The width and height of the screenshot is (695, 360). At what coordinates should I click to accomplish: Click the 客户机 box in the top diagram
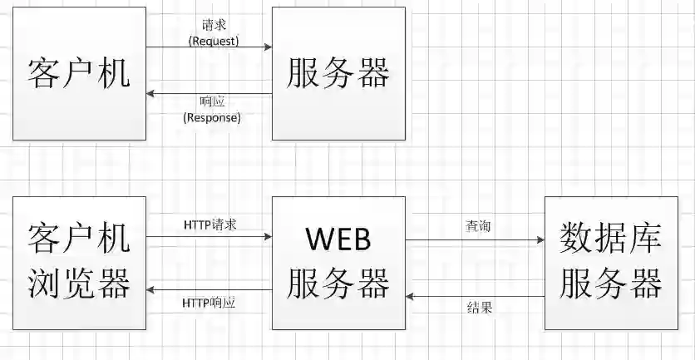coord(79,73)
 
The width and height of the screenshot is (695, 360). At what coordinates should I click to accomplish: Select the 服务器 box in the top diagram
coord(338,73)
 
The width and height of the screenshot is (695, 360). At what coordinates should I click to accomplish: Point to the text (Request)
coord(214,40)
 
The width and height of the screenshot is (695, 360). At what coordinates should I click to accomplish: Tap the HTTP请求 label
coord(210,224)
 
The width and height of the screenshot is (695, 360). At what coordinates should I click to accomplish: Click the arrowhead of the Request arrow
coord(268,48)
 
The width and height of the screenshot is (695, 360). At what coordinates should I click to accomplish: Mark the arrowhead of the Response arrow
coord(150,94)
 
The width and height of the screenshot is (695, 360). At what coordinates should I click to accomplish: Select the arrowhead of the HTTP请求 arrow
coord(268,237)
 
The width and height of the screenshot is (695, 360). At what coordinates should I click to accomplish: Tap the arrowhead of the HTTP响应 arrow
coord(150,289)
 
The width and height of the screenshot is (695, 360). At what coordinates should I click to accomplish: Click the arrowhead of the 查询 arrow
coord(540,240)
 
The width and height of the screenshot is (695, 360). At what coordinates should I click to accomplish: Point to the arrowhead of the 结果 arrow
coord(411,294)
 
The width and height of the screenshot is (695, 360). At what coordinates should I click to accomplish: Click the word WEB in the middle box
coord(338,239)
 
